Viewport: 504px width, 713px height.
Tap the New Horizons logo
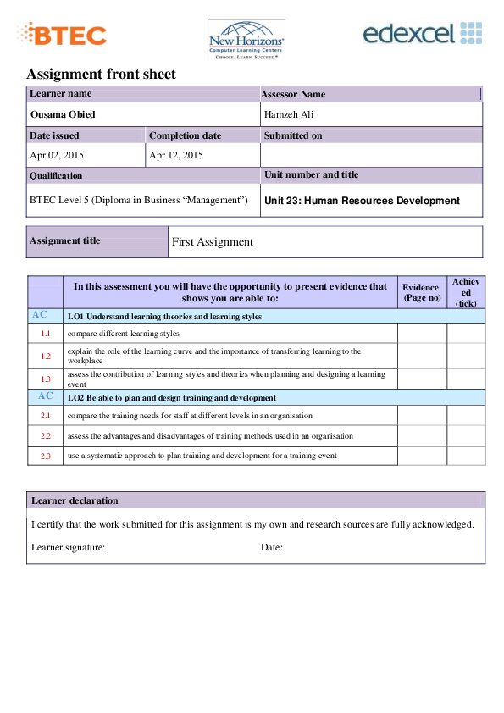tap(246, 41)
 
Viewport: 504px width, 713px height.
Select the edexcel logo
tap(422, 34)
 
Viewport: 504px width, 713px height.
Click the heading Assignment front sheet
tap(101, 74)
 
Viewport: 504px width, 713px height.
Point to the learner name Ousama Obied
tap(63, 114)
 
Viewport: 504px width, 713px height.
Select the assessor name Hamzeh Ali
tap(289, 114)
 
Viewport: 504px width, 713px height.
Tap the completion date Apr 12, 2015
tap(176, 155)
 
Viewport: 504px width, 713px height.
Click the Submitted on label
tap(293, 135)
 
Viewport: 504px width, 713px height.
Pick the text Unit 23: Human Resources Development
tap(363, 201)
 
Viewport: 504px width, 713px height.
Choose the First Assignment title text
tap(213, 241)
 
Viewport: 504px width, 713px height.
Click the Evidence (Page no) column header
tap(422, 292)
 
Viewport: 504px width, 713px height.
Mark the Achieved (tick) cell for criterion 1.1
tap(466, 334)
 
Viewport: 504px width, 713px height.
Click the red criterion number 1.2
tap(46, 356)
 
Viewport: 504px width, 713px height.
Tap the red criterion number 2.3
tap(46, 456)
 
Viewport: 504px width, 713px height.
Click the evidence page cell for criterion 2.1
tap(422, 416)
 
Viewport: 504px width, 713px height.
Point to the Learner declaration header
tap(75, 500)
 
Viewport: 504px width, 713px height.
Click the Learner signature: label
tap(68, 548)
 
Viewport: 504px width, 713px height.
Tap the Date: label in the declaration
tap(271, 548)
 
